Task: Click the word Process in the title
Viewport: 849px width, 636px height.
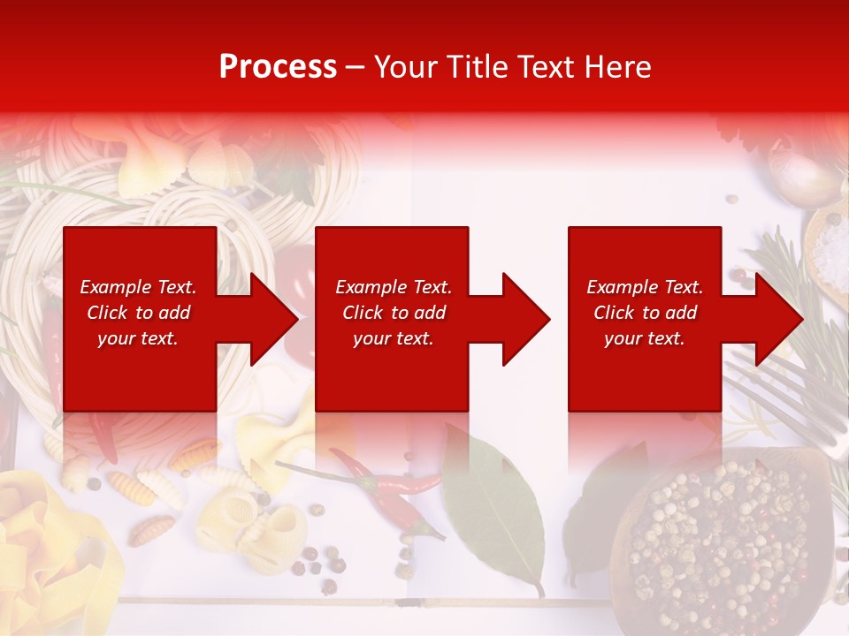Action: click(278, 66)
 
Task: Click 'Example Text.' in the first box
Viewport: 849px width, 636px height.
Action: click(138, 287)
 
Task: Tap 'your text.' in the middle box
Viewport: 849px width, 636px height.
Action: click(394, 338)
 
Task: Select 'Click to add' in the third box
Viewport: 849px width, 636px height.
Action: click(645, 313)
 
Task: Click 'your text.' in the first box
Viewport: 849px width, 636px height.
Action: click(138, 338)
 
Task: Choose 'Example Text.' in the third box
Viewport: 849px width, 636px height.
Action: click(645, 287)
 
